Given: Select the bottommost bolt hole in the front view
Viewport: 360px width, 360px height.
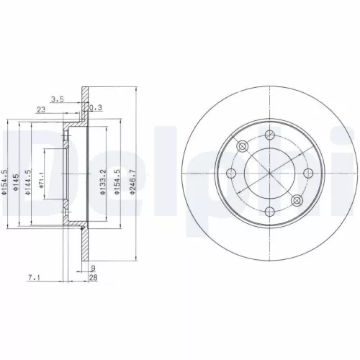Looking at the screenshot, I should coord(269,210).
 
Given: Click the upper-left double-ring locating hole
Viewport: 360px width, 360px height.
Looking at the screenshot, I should coord(243,147).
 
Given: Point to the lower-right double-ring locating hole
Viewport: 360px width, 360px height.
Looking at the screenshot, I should coord(296,200).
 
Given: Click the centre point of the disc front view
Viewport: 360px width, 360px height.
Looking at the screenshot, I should coord(269,174).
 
